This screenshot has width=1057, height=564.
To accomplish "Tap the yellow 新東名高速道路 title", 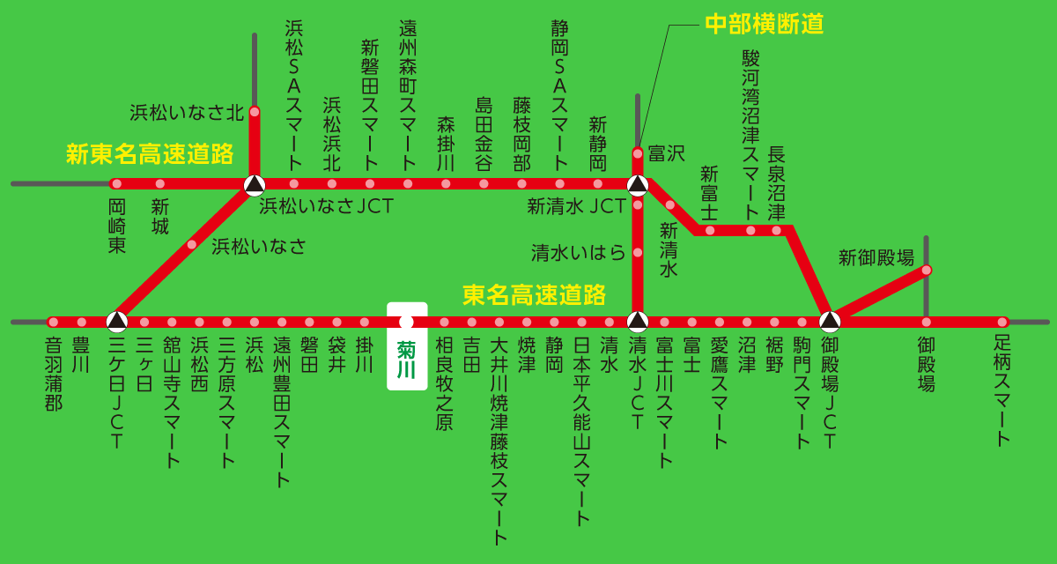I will (x=150, y=154).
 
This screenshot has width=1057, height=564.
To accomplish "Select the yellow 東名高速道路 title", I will (x=535, y=293).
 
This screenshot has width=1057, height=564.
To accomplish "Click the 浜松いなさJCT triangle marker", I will (x=254, y=184).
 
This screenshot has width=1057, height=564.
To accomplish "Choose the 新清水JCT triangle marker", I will (x=638, y=184).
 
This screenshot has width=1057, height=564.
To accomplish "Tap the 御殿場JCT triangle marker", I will (x=828, y=321).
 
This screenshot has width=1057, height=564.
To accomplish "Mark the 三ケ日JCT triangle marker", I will (x=117, y=321).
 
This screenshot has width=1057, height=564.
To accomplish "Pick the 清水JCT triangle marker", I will (x=638, y=321).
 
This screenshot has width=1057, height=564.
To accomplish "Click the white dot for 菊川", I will (x=406, y=322).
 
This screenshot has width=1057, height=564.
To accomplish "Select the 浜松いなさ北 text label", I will (x=186, y=112).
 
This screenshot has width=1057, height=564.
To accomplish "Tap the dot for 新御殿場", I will (x=926, y=270).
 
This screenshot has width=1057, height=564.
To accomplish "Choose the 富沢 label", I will (x=666, y=154).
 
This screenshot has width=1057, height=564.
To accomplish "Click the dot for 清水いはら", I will (x=638, y=254).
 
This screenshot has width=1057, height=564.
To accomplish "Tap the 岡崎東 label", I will (x=117, y=226).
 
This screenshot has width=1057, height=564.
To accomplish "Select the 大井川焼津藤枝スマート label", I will (x=499, y=441).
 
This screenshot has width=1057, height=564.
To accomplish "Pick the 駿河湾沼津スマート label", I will (x=750, y=134).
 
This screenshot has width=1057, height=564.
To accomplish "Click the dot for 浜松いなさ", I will (x=191, y=245).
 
